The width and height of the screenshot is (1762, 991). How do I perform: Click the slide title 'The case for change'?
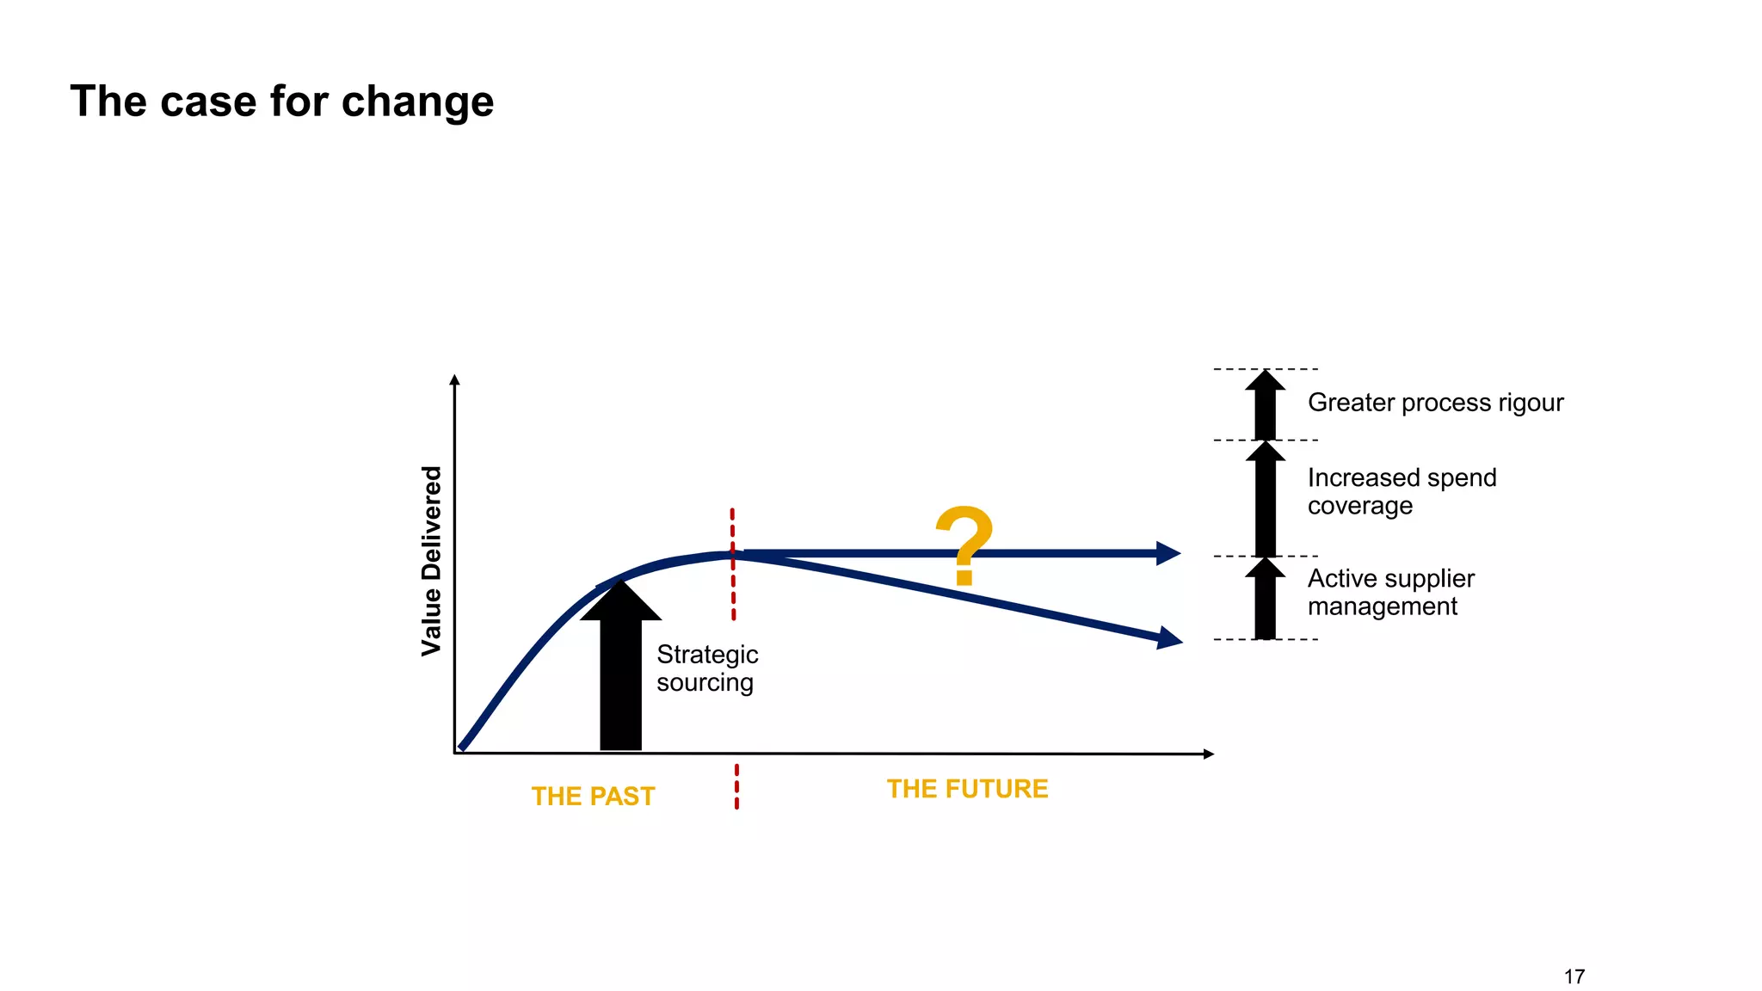pyautogui.click(x=281, y=102)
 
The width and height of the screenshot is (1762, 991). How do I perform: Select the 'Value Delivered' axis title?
pyautogui.click(x=431, y=561)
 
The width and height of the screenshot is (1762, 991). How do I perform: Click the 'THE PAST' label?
pyautogui.click(x=593, y=797)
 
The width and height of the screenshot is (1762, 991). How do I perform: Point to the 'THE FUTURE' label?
pyautogui.click(x=967, y=789)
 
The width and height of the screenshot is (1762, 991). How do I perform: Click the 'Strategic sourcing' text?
pyautogui.click(x=706, y=668)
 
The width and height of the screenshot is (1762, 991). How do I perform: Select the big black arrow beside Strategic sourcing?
pyautogui.click(x=620, y=671)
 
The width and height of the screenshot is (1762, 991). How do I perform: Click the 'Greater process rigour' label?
pyautogui.click(x=1435, y=403)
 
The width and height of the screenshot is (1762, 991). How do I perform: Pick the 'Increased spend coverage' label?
pyautogui.click(x=1402, y=491)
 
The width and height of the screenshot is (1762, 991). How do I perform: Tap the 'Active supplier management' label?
pyautogui.click(x=1390, y=593)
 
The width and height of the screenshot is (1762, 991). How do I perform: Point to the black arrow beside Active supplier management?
pyautogui.click(x=1265, y=600)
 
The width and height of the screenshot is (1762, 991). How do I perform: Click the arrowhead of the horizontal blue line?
pyautogui.click(x=1167, y=553)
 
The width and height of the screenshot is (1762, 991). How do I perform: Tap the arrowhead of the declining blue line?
pyautogui.click(x=1170, y=638)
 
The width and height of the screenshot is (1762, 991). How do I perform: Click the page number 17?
pyautogui.click(x=1574, y=976)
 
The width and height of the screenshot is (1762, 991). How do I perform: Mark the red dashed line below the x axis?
pyautogui.click(x=736, y=786)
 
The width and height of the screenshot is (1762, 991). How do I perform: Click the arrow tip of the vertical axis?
pyautogui.click(x=455, y=379)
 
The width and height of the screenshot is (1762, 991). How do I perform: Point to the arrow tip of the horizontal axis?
pyautogui.click(x=1209, y=754)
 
